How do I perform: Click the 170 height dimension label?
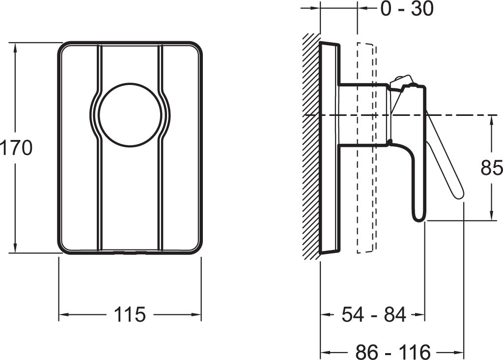(16, 148)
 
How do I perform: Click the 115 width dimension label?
(130, 314)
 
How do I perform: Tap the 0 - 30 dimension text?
(407, 9)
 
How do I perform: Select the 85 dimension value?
(491, 167)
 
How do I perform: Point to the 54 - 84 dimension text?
(374, 314)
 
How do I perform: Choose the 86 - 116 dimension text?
(392, 352)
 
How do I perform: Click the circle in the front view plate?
(130, 115)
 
